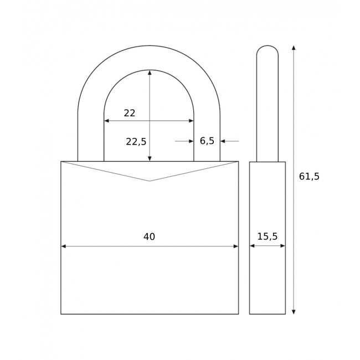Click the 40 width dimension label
tap(149, 237)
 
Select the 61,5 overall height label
tap(309, 177)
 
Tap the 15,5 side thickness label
tap(267, 236)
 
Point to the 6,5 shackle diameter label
tap(207, 141)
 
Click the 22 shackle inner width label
tap(130, 114)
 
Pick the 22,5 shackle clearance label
tap(136, 142)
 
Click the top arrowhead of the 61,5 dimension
tap(294, 48)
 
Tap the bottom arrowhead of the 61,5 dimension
tap(294, 311)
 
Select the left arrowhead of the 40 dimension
tap(64, 246)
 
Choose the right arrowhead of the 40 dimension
tap(235, 246)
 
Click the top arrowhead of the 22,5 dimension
tap(150, 73)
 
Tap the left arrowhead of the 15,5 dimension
tap(252, 246)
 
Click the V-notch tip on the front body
tap(150, 181)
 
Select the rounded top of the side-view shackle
tap(268, 49)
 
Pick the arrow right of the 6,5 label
tap(224, 141)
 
